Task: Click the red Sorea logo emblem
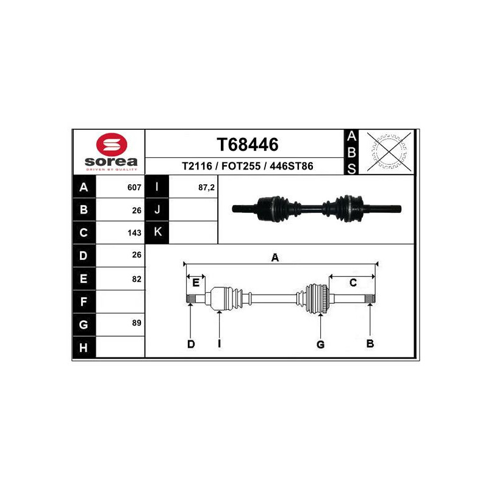(x=112, y=145)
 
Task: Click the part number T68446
(x=248, y=145)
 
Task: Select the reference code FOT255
(x=241, y=166)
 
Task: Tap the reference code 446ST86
(x=292, y=166)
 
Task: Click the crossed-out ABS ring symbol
(x=389, y=151)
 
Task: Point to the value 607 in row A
(x=134, y=187)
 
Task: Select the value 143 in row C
(x=134, y=233)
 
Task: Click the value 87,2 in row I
(x=206, y=187)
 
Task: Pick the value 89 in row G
(x=137, y=323)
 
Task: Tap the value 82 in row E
(x=137, y=279)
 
